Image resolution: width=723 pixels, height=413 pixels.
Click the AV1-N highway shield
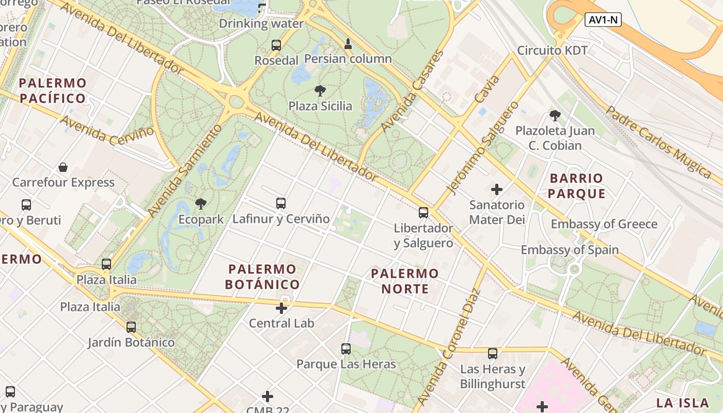pyautogui.click(x=603, y=20)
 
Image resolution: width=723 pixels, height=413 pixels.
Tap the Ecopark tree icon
pyautogui.click(x=201, y=204)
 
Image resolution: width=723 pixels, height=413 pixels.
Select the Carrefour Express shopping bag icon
pyautogui.click(x=63, y=167)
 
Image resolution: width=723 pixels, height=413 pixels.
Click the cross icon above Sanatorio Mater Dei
pyautogui.click(x=497, y=189)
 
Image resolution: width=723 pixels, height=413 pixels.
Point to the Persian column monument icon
pyautogui.click(x=348, y=43)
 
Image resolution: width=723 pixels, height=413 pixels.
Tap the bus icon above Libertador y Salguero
pyautogui.click(x=423, y=212)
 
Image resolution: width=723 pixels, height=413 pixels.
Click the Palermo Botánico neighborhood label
pyautogui.click(x=262, y=277)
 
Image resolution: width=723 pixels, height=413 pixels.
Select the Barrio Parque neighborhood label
pyautogui.click(x=576, y=186)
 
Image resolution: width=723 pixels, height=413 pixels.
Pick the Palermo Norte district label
pyautogui.click(x=405, y=281)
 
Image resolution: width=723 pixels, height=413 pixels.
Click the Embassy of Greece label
pyautogui.click(x=604, y=224)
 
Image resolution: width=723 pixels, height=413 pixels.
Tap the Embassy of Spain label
pyautogui.click(x=570, y=250)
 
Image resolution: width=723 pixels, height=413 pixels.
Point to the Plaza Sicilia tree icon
pyautogui.click(x=320, y=91)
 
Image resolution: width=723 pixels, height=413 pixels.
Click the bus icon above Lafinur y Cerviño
pyautogui.click(x=281, y=203)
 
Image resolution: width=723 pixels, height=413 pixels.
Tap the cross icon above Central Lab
pyautogui.click(x=281, y=309)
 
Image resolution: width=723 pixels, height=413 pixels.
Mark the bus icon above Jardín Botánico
pyautogui.click(x=131, y=327)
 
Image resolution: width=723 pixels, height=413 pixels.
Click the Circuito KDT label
pyautogui.click(x=553, y=51)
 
